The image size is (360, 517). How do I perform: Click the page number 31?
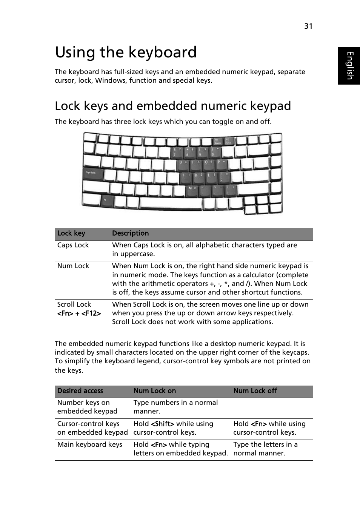[308, 26]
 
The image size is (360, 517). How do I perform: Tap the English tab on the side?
[349, 66]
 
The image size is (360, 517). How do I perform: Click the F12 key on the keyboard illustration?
[229, 142]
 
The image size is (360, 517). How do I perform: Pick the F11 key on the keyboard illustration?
[218, 142]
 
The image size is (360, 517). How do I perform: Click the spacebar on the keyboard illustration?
[171, 203]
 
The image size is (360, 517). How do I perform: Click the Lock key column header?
[71, 233]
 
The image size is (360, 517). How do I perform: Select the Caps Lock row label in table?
[73, 245]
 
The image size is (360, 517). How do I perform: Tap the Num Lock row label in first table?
[73, 266]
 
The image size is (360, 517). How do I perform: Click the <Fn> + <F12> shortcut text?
[79, 313]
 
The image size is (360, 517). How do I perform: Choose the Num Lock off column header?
[255, 391]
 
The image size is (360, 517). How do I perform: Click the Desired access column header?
[80, 391]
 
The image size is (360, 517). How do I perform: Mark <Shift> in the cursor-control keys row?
[162, 424]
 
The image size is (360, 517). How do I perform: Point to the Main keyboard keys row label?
[89, 444]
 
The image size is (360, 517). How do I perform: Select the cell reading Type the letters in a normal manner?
[265, 449]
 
